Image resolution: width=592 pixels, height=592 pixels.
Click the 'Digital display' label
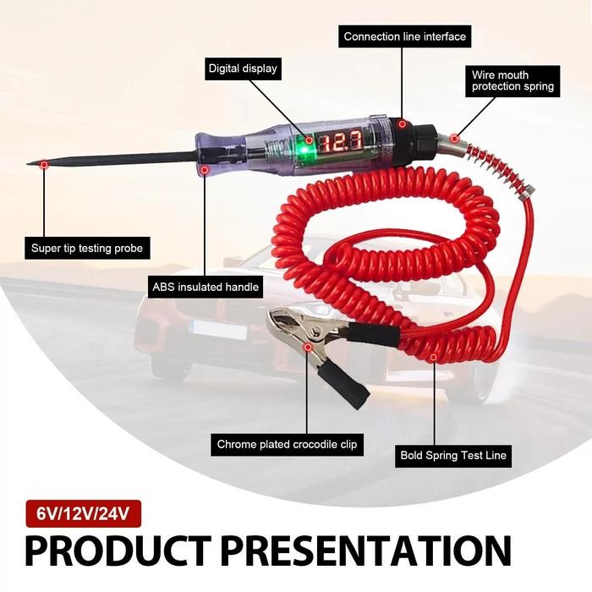(242, 68)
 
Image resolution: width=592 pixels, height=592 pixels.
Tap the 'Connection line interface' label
(404, 37)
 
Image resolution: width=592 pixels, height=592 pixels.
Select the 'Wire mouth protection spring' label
(513, 80)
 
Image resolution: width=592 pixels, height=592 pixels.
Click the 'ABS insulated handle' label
(205, 287)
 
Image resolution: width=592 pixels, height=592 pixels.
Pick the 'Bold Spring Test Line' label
(452, 455)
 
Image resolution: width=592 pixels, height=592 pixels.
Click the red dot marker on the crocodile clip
(308, 347)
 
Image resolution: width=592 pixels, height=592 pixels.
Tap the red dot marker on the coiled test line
(435, 357)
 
